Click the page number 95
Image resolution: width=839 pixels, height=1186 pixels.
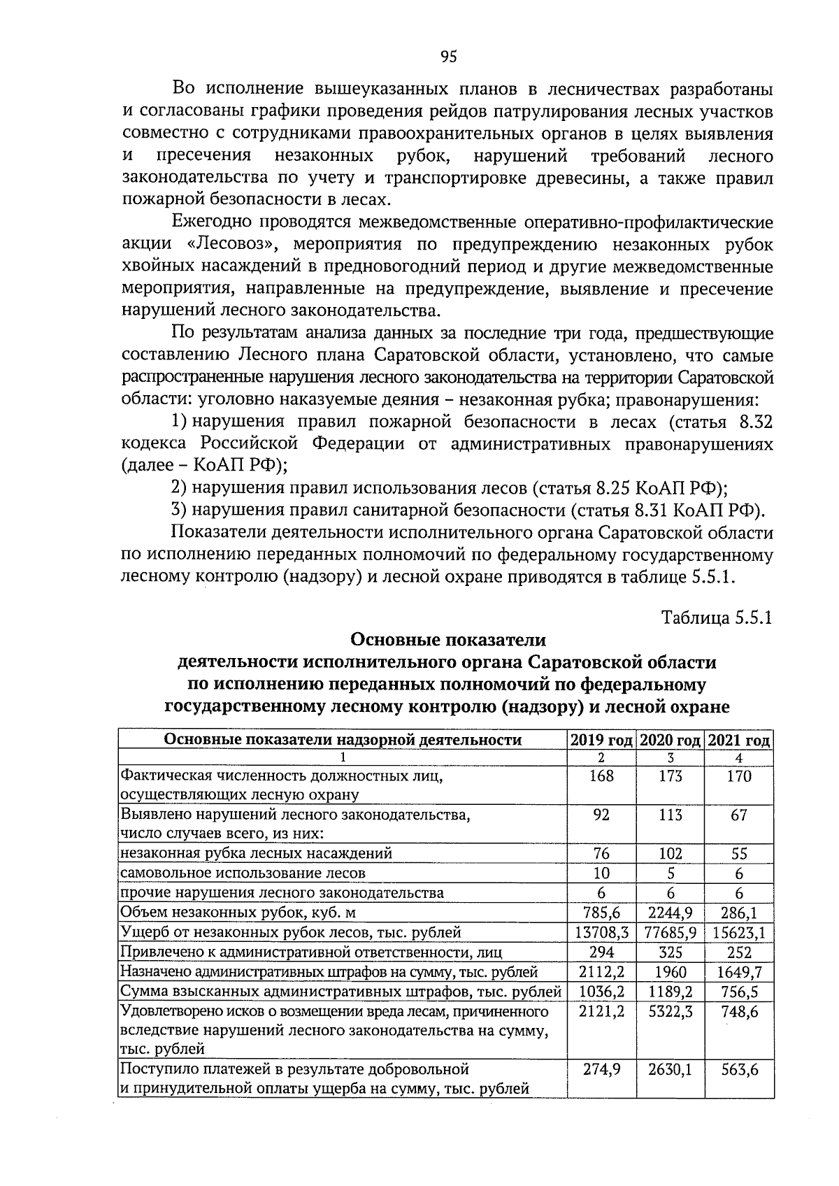click(449, 57)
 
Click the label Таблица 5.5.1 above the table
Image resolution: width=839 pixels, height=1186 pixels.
click(717, 617)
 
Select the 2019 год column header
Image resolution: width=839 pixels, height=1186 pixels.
click(601, 740)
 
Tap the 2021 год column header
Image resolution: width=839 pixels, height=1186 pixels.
click(739, 740)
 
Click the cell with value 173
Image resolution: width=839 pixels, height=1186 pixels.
click(670, 776)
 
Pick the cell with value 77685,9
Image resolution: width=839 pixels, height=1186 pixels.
click(670, 932)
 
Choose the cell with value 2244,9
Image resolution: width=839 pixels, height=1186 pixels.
click(670, 913)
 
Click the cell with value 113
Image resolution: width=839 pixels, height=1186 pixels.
click(670, 815)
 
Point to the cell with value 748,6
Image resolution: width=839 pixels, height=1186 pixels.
click(739, 1011)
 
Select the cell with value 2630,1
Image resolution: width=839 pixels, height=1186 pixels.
click(670, 1069)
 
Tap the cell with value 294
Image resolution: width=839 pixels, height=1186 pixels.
click(601, 952)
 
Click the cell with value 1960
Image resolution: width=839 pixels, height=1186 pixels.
click(670, 971)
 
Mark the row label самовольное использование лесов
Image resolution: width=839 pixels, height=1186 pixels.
click(243, 873)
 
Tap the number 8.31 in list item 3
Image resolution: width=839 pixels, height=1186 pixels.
click(655, 509)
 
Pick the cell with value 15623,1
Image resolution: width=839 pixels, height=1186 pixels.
click(739, 932)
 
